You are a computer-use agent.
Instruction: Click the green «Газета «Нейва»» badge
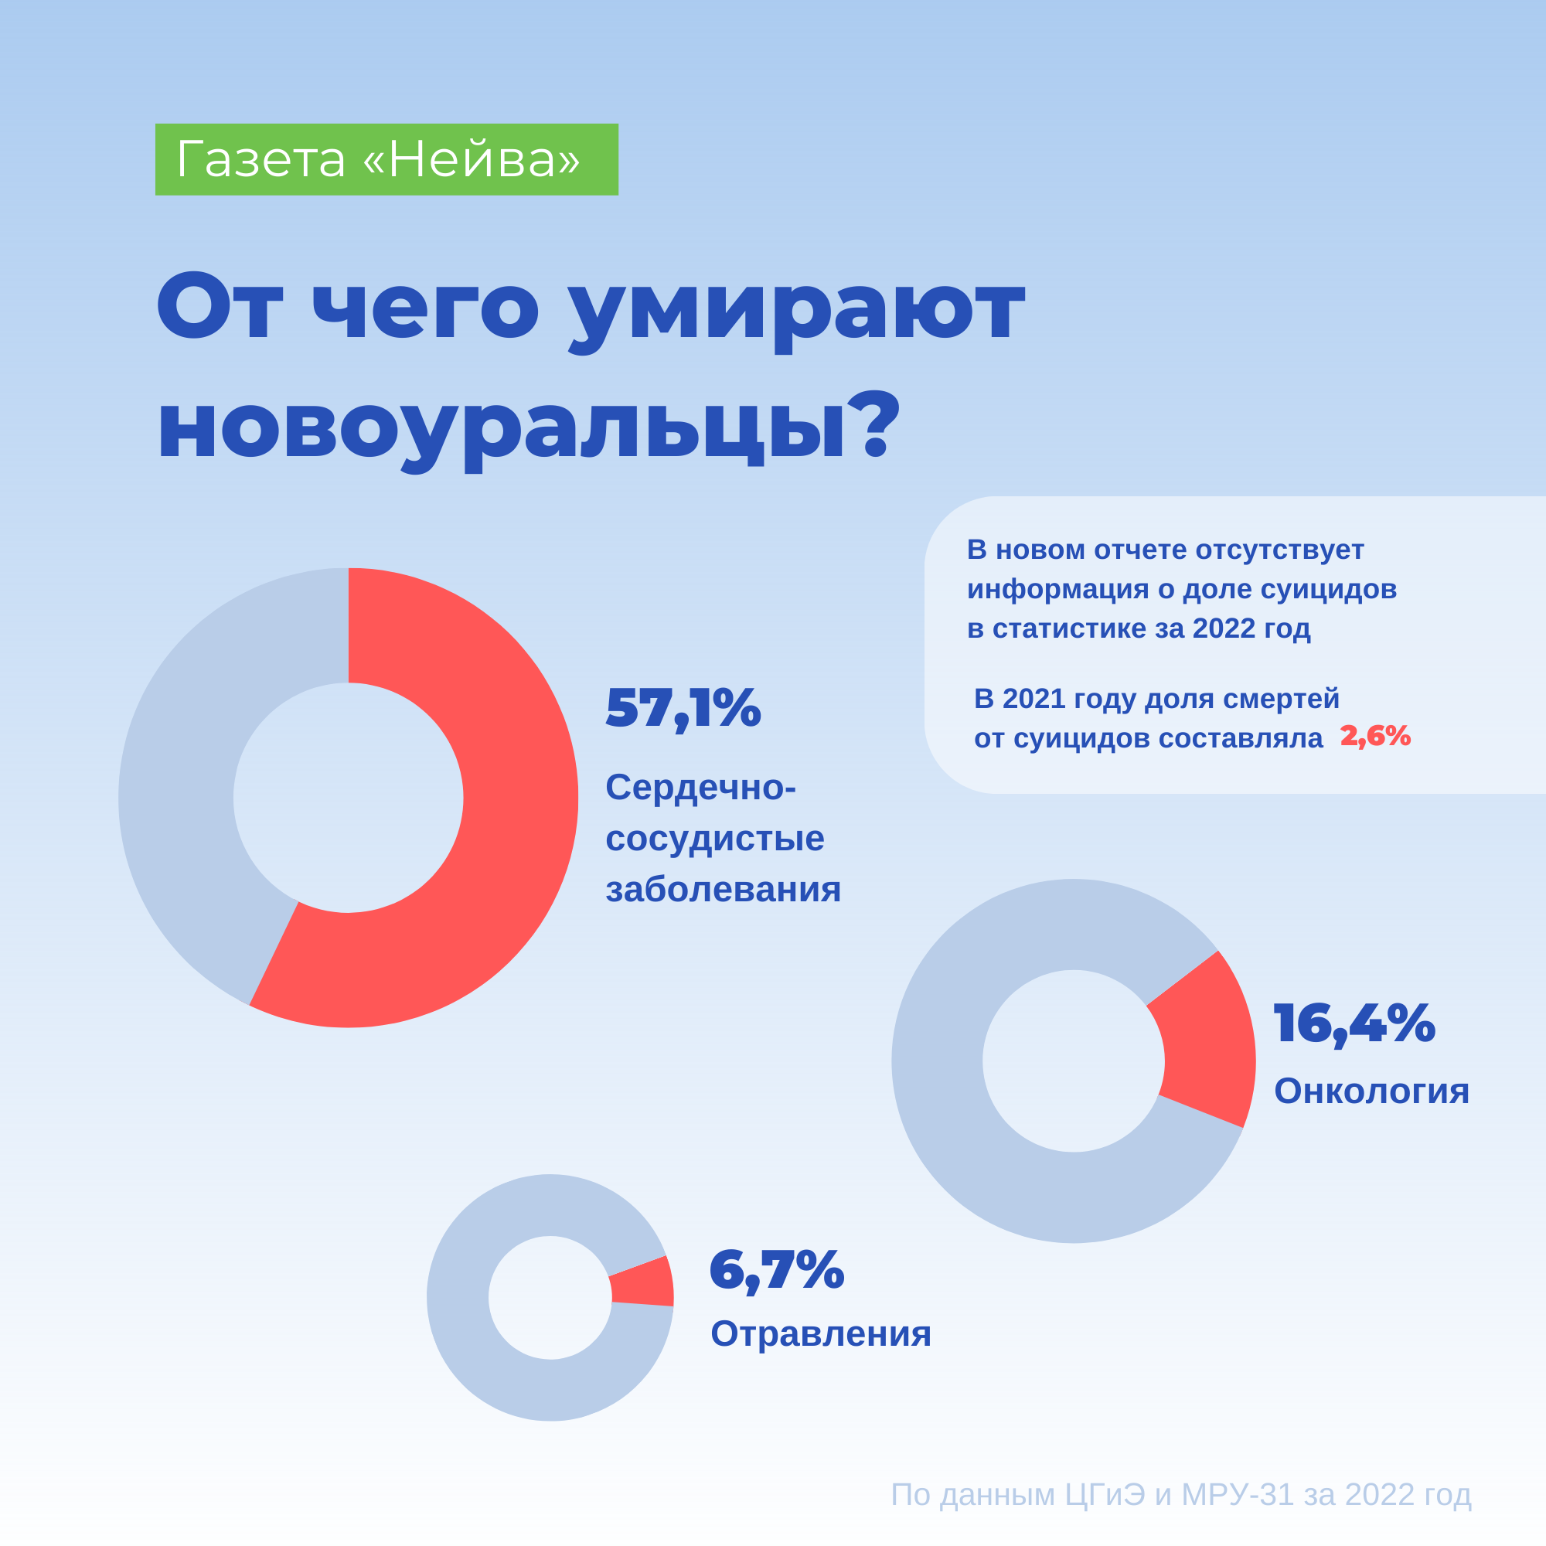pos(386,159)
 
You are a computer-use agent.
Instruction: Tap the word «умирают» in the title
pos(796,308)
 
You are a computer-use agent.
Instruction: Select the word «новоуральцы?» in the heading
pos(529,428)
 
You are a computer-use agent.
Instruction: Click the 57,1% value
pos(683,707)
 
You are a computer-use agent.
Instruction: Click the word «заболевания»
pos(723,890)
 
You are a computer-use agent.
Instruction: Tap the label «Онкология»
pos(1371,1091)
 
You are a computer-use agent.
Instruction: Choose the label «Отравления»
pos(820,1333)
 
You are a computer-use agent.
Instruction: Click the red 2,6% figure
pos(1374,736)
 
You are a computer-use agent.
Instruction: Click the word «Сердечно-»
pos(700,788)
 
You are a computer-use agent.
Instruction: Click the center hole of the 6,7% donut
pos(550,1297)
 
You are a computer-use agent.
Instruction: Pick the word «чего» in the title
pos(425,308)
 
